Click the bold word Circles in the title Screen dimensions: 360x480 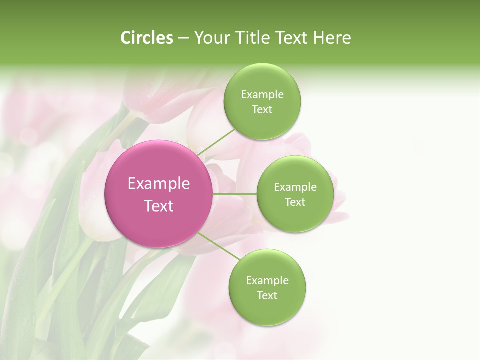146,37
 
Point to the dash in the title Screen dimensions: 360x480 183,38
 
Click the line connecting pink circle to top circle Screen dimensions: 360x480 216,142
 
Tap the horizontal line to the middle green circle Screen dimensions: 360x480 234,194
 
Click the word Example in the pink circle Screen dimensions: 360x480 159,184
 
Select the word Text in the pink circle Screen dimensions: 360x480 159,206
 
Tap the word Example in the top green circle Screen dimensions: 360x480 262,95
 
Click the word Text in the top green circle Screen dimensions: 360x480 262,110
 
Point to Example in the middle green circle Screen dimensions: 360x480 295,187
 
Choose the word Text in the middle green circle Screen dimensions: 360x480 295,202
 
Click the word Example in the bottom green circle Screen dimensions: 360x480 267,281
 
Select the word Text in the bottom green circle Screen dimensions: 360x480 267,296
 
